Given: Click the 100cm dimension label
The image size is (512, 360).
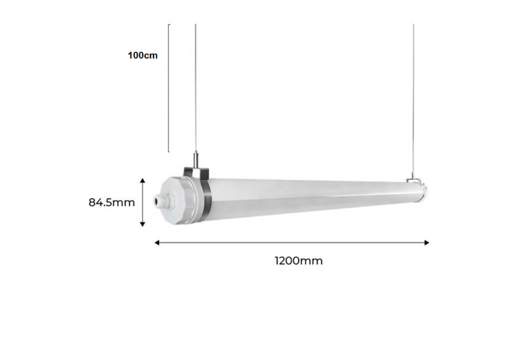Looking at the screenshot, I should click(x=143, y=55).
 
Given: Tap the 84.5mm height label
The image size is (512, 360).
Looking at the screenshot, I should click(x=112, y=202).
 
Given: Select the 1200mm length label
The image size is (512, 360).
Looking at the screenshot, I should click(x=299, y=261).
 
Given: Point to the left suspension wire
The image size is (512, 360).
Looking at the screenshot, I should click(x=196, y=86).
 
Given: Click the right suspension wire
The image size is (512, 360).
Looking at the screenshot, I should click(x=413, y=92).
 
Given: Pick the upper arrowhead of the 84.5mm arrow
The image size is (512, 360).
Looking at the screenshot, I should click(x=143, y=181).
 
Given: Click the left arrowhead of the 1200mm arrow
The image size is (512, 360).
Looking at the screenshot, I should click(x=157, y=243).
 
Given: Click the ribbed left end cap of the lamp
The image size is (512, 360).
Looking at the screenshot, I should click(x=178, y=199).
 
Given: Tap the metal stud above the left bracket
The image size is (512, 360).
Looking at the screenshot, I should click(x=196, y=160).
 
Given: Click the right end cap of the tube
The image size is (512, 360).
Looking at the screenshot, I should click(x=424, y=191).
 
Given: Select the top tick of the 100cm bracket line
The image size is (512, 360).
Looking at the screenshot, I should click(x=170, y=25).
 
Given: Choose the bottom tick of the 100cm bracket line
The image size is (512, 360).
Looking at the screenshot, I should click(x=170, y=151).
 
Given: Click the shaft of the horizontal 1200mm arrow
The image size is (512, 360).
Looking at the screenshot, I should click(x=290, y=243).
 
